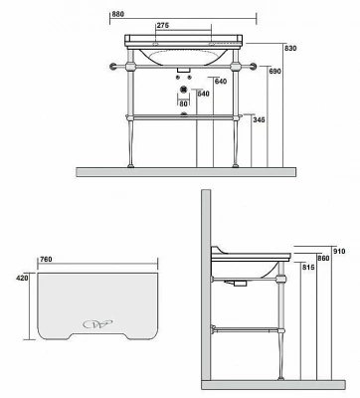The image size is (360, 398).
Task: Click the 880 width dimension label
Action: (117, 14)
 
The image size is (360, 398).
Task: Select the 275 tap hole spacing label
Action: (163, 26)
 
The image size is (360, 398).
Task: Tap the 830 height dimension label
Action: (290, 48)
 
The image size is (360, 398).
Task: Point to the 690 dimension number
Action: (274, 72)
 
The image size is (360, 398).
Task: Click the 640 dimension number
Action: (221, 82)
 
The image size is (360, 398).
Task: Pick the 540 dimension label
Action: (204, 94)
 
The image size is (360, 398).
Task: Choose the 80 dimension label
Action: (183, 103)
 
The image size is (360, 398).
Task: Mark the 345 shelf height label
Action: (259, 120)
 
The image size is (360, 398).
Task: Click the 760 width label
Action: (46, 260)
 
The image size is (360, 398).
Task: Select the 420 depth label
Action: (22, 278)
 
